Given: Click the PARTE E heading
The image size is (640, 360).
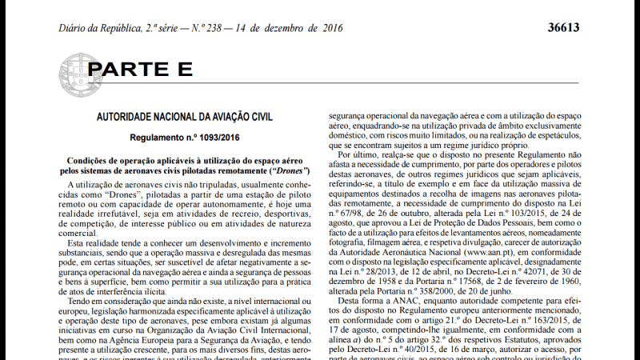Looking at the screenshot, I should click(x=140, y=70).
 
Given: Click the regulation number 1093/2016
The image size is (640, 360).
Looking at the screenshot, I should click(x=206, y=138).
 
